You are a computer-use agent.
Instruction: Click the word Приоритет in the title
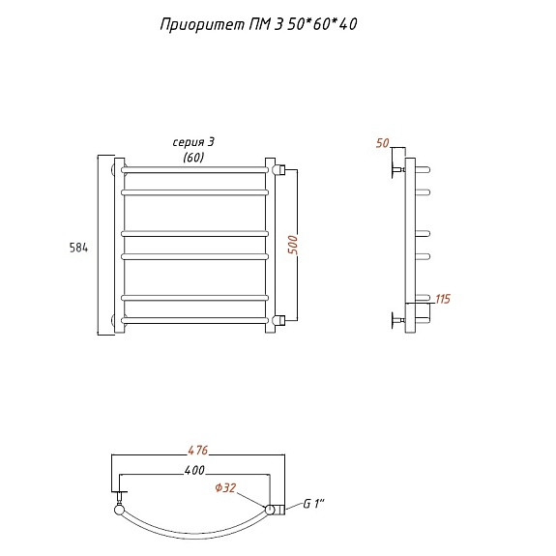tap(202, 25)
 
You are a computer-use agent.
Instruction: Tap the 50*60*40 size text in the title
tap(322, 24)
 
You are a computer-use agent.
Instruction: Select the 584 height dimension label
tap(78, 248)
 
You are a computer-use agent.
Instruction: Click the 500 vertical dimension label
tap(293, 245)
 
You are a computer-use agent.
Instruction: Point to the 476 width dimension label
tap(198, 450)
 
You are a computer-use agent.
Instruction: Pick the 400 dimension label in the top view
tap(194, 470)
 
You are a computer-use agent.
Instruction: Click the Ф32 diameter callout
tap(225, 487)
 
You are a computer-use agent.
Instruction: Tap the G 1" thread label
tap(314, 503)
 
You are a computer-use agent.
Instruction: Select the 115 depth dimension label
tap(443, 299)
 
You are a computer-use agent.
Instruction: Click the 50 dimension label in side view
tap(383, 143)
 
